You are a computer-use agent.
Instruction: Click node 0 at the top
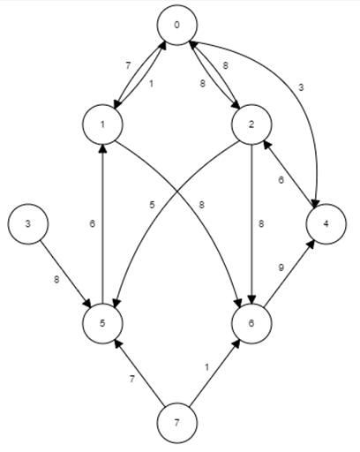(x=176, y=26)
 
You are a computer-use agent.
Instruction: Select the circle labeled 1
(x=102, y=124)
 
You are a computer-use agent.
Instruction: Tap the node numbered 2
(x=251, y=124)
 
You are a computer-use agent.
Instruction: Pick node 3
(x=28, y=224)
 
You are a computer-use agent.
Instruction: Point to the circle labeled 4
(x=326, y=224)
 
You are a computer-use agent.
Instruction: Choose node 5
(x=102, y=323)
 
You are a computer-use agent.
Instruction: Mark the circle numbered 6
(x=251, y=323)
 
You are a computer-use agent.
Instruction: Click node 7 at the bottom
(x=176, y=423)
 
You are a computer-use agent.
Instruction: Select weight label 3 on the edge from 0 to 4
(x=300, y=87)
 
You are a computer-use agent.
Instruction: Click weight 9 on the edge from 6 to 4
(x=281, y=267)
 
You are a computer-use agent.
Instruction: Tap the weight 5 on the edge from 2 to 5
(x=152, y=205)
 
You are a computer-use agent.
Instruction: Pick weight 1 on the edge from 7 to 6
(x=206, y=367)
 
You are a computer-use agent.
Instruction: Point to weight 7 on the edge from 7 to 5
(x=132, y=380)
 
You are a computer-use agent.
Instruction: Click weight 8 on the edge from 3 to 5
(x=56, y=279)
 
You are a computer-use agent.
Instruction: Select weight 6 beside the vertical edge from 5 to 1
(x=93, y=224)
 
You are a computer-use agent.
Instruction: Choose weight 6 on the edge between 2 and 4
(x=281, y=180)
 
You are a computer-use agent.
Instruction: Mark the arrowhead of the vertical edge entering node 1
(x=102, y=148)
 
